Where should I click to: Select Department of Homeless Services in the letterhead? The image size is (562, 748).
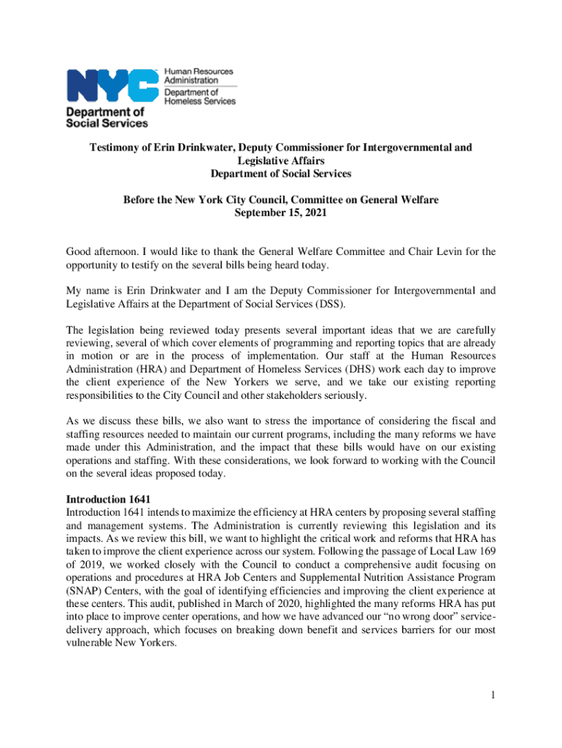(x=199, y=97)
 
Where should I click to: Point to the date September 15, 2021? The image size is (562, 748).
(x=280, y=213)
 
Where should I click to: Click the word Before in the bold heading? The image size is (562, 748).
(x=141, y=200)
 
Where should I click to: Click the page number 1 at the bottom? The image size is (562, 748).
(x=493, y=695)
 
